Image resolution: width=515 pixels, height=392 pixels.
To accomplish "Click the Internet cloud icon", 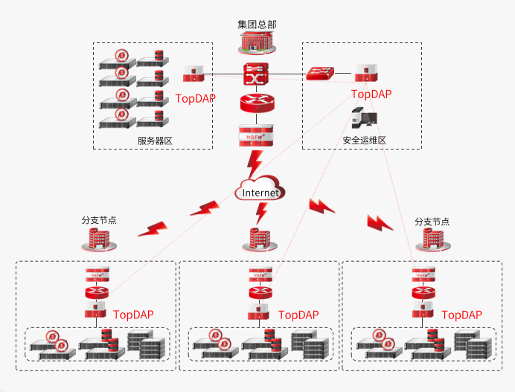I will click(x=260, y=191).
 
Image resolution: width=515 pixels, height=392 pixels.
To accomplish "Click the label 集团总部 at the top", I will click(x=256, y=25).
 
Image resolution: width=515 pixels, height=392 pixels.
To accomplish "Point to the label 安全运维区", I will click(x=364, y=140).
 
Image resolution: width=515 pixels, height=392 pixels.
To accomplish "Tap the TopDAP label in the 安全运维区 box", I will click(x=371, y=94).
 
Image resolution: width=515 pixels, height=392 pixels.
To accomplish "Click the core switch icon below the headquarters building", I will click(x=255, y=75).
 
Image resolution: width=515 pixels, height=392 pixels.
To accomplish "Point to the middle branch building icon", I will click(x=259, y=239).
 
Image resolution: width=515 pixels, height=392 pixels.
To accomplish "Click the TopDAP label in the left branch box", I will click(x=133, y=315).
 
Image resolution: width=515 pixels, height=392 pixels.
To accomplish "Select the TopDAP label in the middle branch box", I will click(x=298, y=315).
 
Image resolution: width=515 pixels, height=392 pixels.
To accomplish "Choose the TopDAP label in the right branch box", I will click(x=461, y=315).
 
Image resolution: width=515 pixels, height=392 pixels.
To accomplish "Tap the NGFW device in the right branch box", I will click(x=423, y=273).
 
